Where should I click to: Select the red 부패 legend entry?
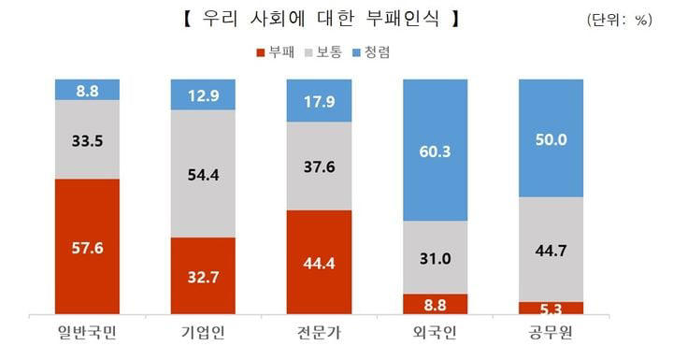(x=278, y=52)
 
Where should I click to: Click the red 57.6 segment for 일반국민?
(x=87, y=247)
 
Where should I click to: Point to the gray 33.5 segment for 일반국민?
(x=87, y=139)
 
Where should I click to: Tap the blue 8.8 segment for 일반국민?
(x=87, y=90)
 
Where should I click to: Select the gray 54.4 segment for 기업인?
(x=203, y=174)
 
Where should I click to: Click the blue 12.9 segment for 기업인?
(x=203, y=94)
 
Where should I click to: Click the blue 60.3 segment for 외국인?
(x=435, y=151)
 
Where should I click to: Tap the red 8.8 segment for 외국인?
(x=435, y=304)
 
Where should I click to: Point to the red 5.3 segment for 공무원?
(x=551, y=308)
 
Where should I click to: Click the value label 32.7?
(x=203, y=277)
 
